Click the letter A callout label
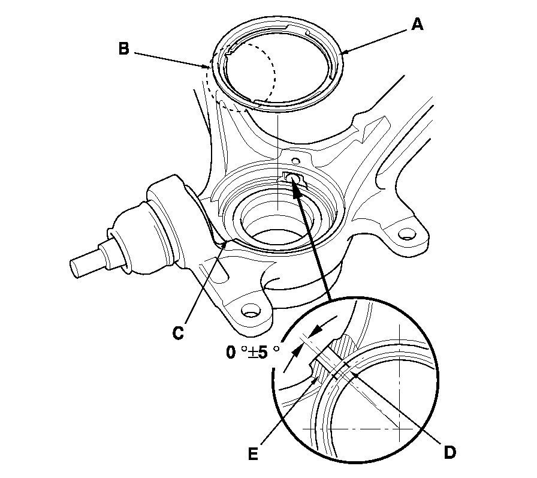pyautogui.click(x=418, y=25)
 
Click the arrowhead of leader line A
pyautogui.click(x=342, y=54)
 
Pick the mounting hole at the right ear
pyautogui.click(x=406, y=233)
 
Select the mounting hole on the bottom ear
pyautogui.click(x=250, y=311)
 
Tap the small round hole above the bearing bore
pyautogui.click(x=294, y=161)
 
